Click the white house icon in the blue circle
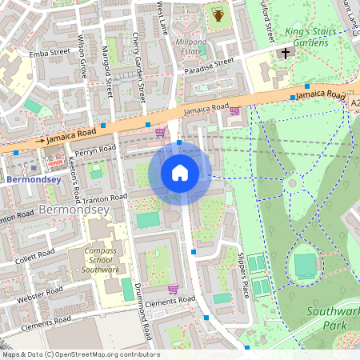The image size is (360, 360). [180, 173]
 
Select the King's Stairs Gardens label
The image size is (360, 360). [295, 38]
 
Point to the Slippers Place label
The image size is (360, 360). [237, 275]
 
